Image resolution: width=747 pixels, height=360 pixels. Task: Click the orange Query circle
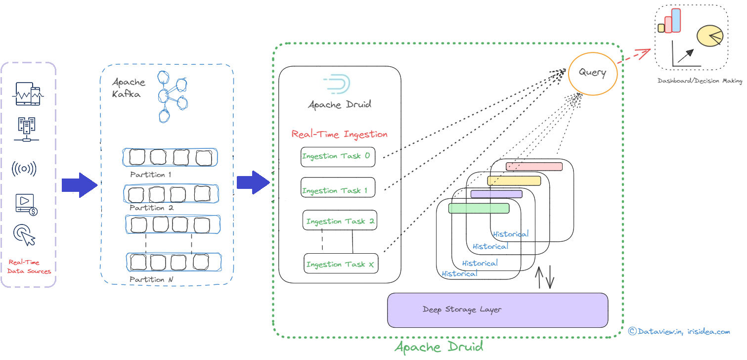[592, 73]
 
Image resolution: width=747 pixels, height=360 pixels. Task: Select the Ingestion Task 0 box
[338, 157]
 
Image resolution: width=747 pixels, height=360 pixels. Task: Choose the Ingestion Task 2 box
[340, 221]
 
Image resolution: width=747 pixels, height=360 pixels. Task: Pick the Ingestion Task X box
[340, 264]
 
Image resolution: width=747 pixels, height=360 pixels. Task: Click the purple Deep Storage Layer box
[497, 310]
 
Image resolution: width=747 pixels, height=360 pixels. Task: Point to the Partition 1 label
[150, 175]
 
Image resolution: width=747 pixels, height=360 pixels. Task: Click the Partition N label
[151, 279]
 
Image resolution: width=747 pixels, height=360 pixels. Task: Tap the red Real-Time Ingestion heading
[340, 134]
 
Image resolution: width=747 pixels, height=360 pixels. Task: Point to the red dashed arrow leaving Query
[635, 56]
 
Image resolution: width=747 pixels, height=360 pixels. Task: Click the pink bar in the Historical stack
[534, 166]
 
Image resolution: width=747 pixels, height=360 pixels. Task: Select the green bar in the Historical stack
[479, 208]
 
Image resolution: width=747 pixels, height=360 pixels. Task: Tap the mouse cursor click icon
[25, 235]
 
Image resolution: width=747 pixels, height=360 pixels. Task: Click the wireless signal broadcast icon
[24, 169]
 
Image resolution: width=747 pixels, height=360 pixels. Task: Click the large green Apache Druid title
[439, 346]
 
